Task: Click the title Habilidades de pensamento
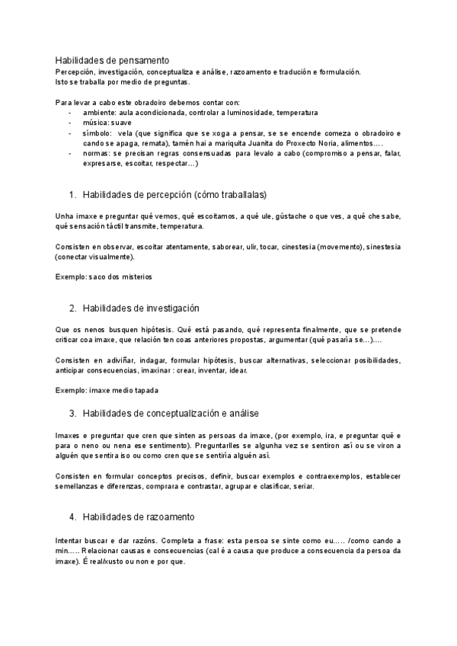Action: (113, 60)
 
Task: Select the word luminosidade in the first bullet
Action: (244, 112)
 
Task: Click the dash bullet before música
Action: (70, 122)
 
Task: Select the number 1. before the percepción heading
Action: (73, 194)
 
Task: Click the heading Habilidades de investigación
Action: (141, 308)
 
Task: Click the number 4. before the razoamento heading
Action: (73, 517)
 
